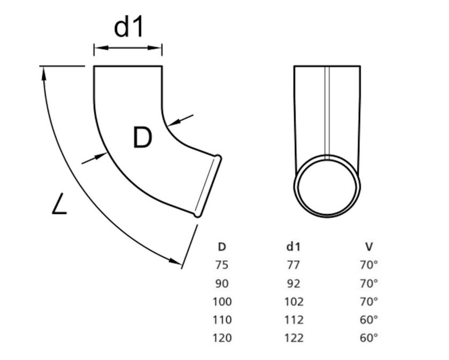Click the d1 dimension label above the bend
point(129,27)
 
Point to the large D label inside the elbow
point(142,139)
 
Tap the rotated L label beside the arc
point(60,205)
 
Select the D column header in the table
point(222,247)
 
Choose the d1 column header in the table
point(293,247)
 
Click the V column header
point(369,247)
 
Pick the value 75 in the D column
point(222,265)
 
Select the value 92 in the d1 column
point(293,283)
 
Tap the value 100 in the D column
point(222,302)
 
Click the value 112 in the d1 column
point(293,320)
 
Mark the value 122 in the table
point(293,338)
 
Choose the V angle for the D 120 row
point(369,338)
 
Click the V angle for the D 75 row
point(369,265)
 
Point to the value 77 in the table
point(293,265)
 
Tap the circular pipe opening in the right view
point(327,186)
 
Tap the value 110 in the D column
point(222,320)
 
